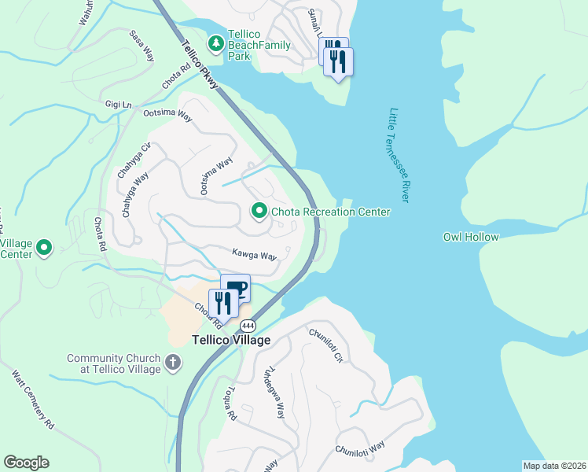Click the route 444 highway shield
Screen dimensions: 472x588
tap(248, 326)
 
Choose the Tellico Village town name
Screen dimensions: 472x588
tap(232, 341)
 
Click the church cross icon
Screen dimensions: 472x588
tap(172, 363)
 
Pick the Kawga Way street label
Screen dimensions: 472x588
tap(254, 256)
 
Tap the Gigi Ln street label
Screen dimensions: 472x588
tap(119, 104)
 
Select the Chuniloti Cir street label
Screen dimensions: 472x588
tap(327, 346)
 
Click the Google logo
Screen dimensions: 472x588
tap(26, 463)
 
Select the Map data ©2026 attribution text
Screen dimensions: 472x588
tap(554, 466)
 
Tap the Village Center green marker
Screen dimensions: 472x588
tap(44, 249)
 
